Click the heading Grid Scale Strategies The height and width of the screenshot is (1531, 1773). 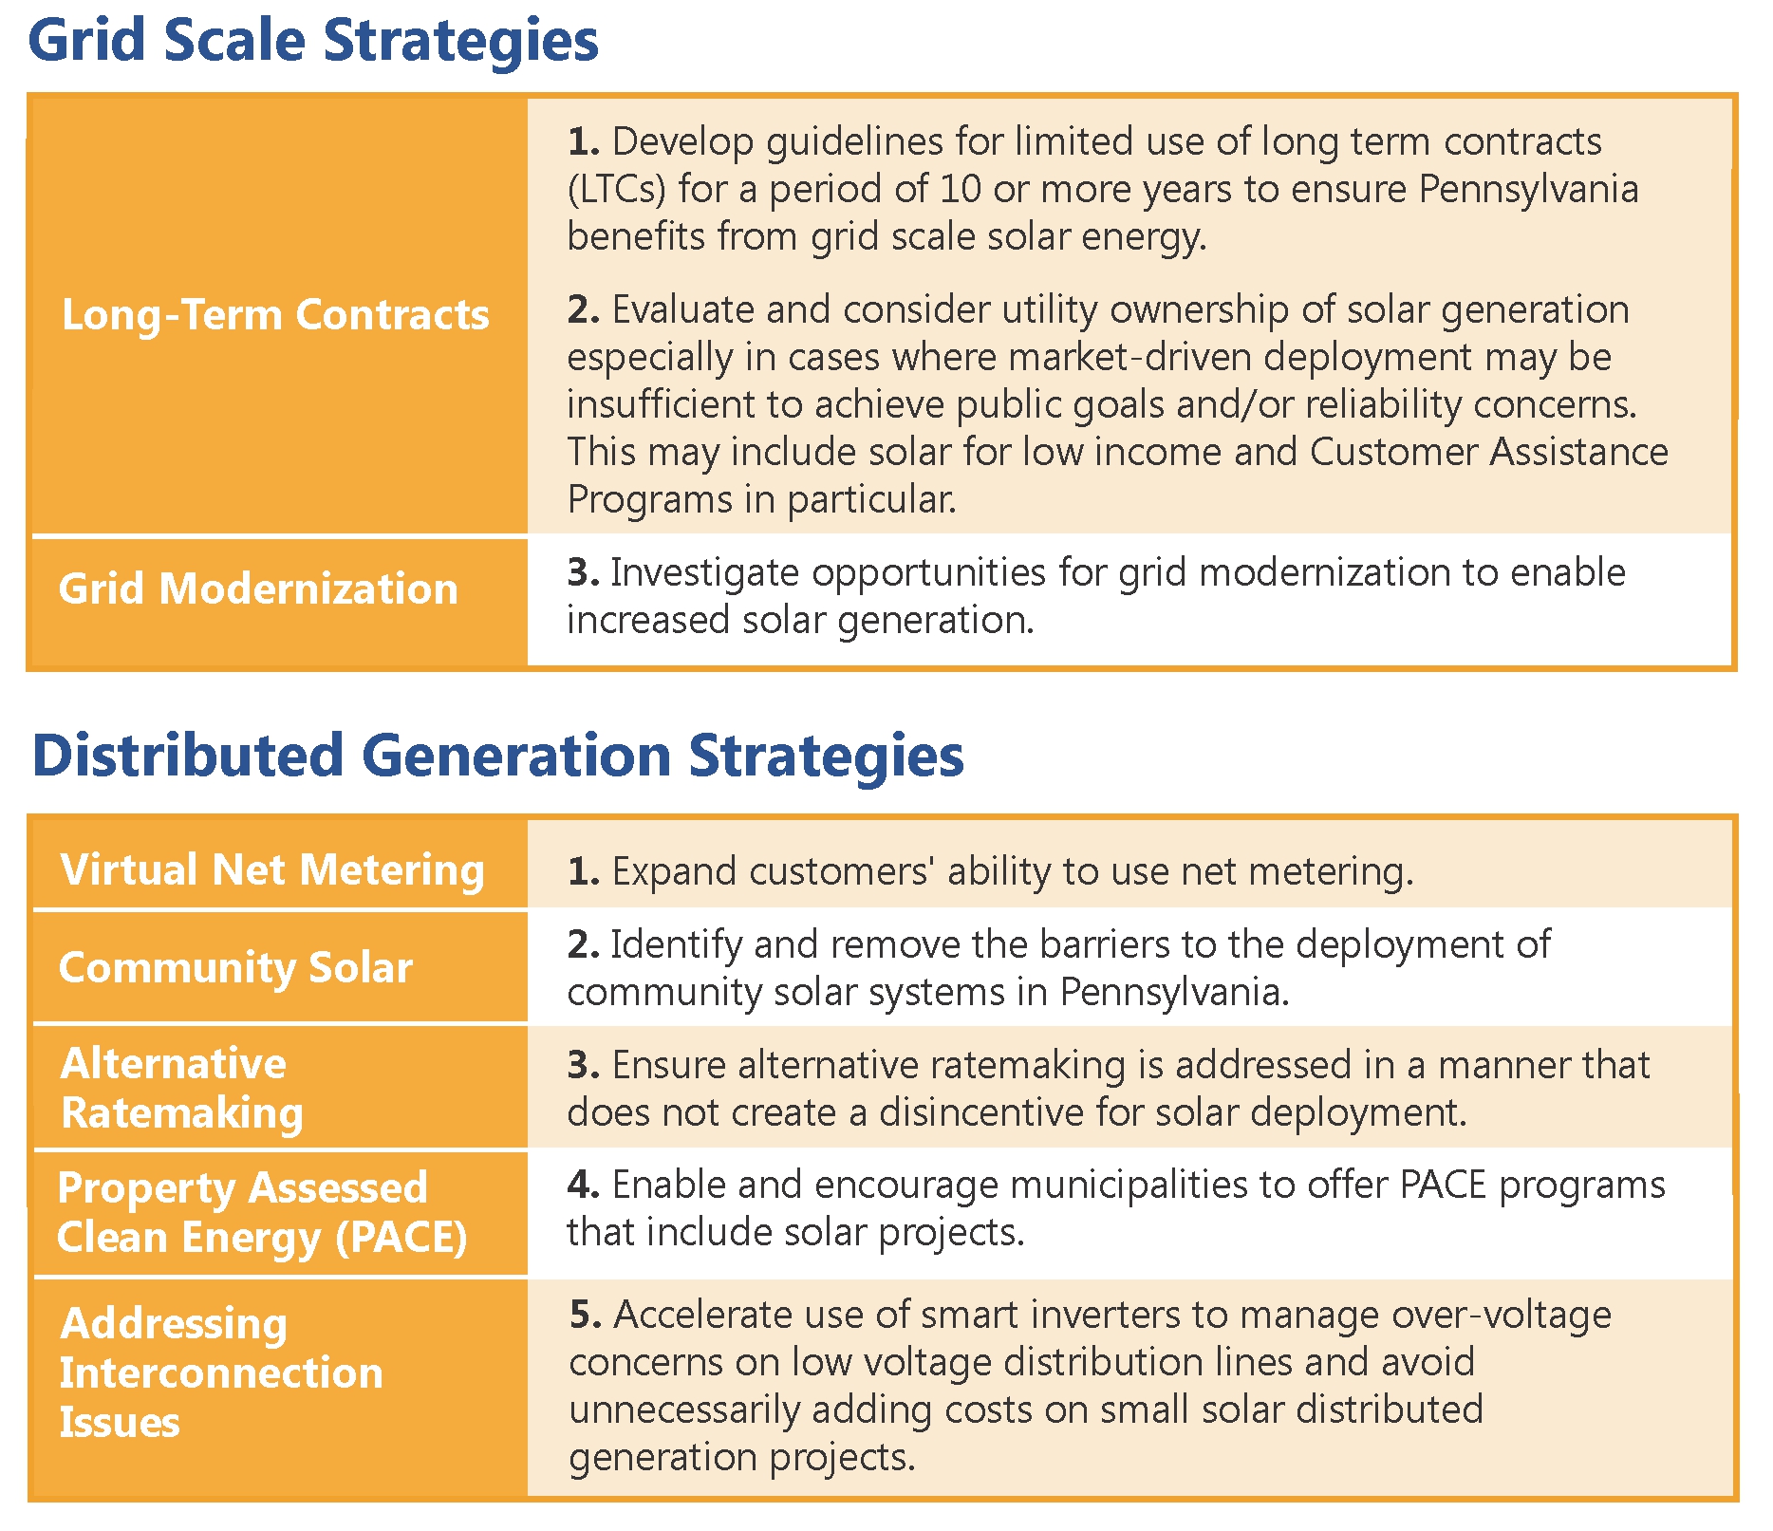(x=313, y=42)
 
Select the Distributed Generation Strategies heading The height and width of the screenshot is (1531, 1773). (x=497, y=756)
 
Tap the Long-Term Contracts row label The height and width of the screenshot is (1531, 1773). (x=275, y=315)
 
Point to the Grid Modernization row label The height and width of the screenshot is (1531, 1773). (x=258, y=588)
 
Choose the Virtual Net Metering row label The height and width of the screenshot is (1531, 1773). (x=272, y=870)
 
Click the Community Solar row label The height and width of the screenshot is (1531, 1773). (x=235, y=968)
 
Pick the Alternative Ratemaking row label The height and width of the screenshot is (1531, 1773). (x=181, y=1088)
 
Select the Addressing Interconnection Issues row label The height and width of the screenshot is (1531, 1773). (x=221, y=1372)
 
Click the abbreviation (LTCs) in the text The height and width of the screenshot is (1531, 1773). (x=618, y=190)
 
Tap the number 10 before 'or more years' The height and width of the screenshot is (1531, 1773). (x=961, y=189)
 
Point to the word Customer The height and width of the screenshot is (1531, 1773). (x=1392, y=452)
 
